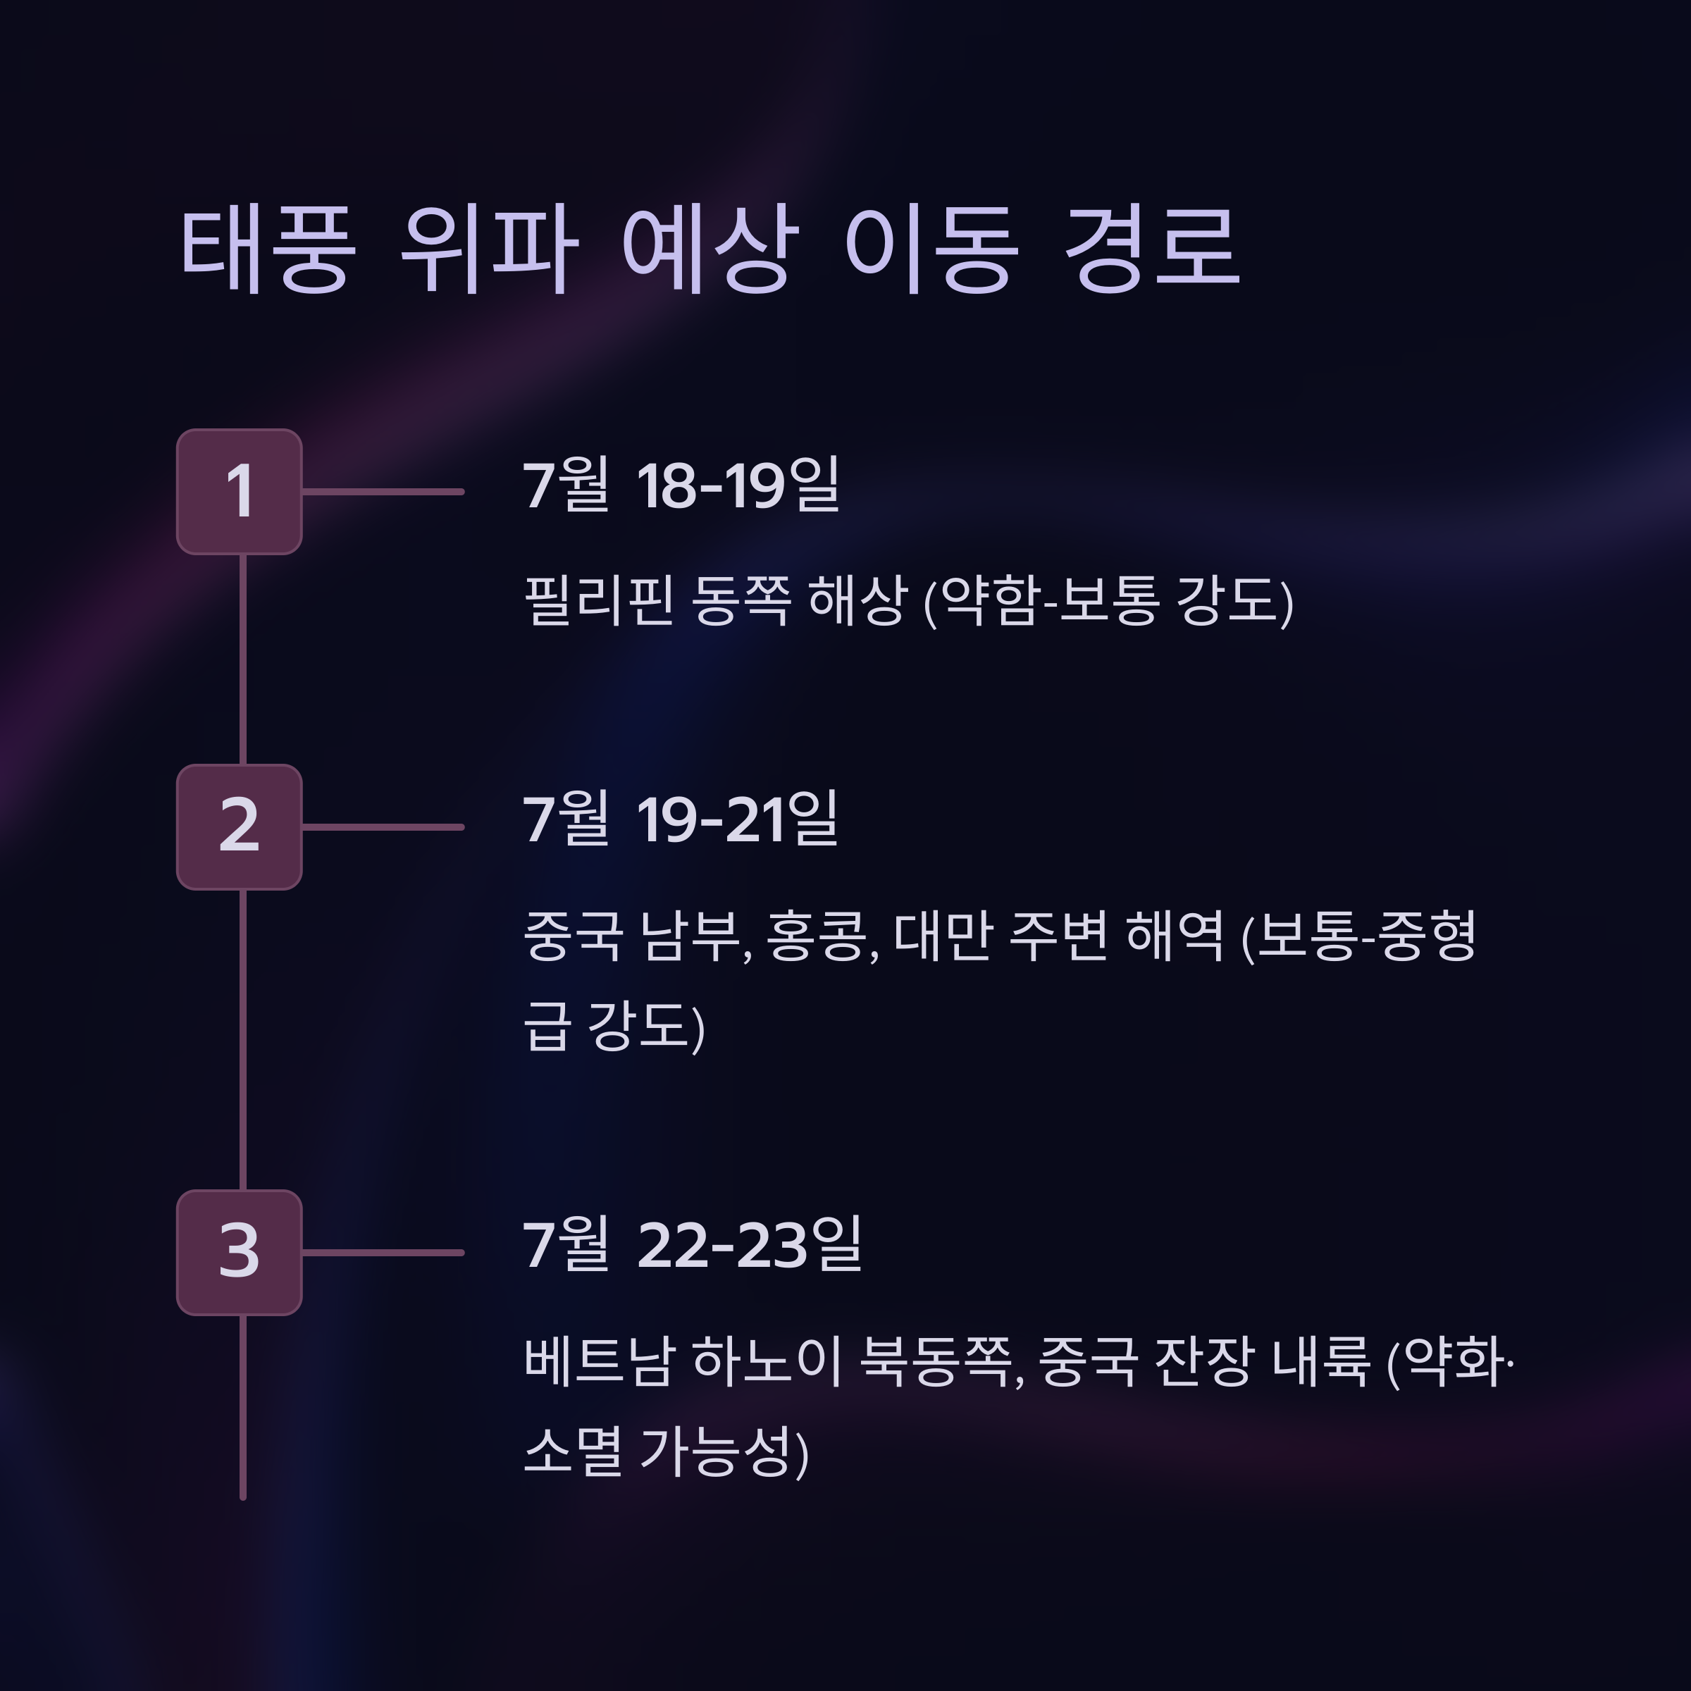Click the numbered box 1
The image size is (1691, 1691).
(x=239, y=492)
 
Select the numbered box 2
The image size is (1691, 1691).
(x=239, y=827)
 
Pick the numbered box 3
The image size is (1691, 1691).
(x=239, y=1253)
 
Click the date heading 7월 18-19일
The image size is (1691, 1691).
(x=681, y=485)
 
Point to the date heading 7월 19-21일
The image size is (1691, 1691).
(x=680, y=820)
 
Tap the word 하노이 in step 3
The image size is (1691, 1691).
(x=767, y=1362)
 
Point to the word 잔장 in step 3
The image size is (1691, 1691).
(x=1203, y=1362)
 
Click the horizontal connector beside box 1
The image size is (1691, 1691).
(x=383, y=492)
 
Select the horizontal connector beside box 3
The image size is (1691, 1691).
(x=383, y=1253)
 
